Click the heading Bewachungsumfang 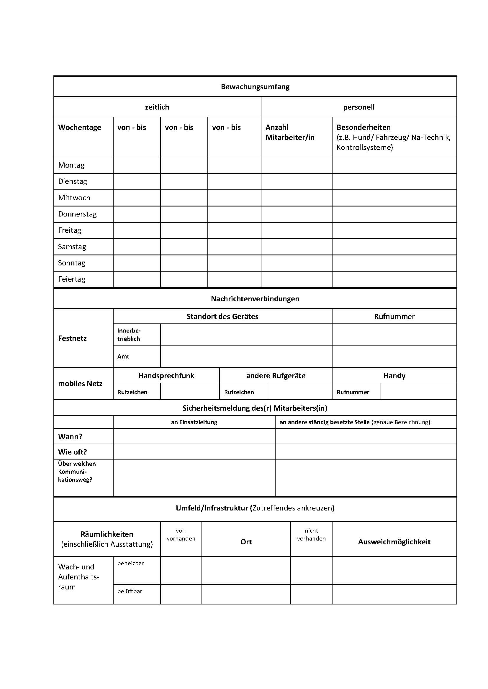(255, 87)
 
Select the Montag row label (71, 165)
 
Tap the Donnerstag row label (77, 214)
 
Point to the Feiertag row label (71, 279)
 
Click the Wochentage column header (79, 127)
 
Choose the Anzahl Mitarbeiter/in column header (290, 132)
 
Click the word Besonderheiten (363, 127)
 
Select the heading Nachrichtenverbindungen (255, 299)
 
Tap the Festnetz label (72, 338)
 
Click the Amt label (123, 356)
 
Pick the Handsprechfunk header (166, 375)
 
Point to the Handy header (394, 375)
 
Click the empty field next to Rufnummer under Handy (418, 391)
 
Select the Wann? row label (70, 436)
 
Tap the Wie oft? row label (72, 452)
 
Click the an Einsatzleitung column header (194, 422)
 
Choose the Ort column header (246, 542)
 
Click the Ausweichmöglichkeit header (394, 542)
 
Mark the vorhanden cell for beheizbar (181, 570)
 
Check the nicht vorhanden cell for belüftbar (311, 594)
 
